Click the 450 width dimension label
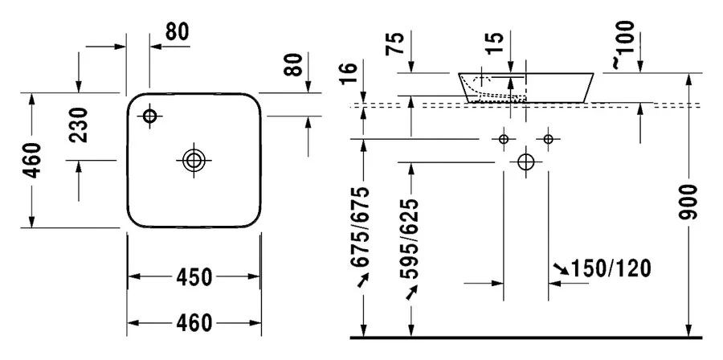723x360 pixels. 194,278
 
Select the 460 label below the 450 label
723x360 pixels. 194,324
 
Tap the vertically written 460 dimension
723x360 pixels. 31,161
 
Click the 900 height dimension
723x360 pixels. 690,202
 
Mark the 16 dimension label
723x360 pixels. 348,75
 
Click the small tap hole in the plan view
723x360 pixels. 149,116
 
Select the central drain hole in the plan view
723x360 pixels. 194,160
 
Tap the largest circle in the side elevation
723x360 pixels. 525,162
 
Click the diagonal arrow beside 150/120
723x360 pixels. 560,268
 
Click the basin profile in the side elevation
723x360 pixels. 526,87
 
